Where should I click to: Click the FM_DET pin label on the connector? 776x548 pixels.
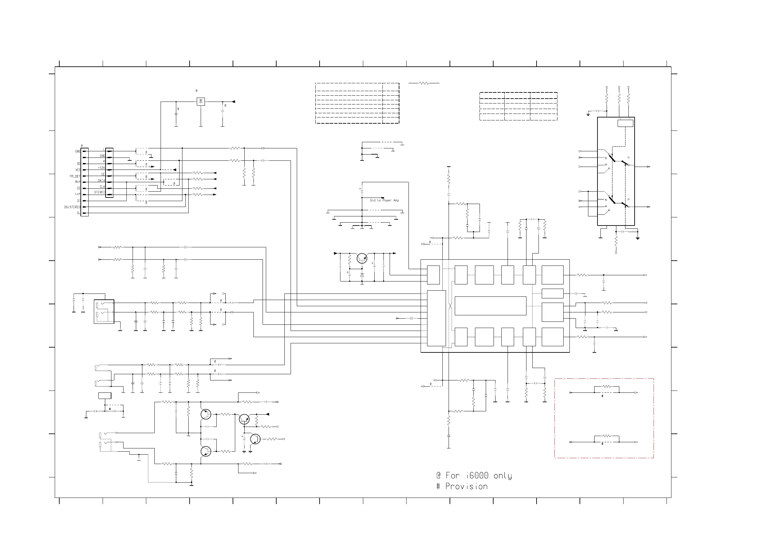(75, 176)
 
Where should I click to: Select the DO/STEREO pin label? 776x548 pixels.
(72, 207)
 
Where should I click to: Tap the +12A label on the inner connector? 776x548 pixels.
(101, 168)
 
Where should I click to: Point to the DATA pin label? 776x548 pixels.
(101, 181)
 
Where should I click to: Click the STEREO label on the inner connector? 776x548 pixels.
(99, 192)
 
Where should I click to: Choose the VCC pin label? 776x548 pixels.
(78, 170)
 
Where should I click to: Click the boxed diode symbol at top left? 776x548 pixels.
(201, 101)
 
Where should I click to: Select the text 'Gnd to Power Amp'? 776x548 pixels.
(384, 200)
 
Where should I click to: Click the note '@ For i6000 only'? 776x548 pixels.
(474, 476)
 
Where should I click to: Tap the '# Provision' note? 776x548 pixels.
(462, 486)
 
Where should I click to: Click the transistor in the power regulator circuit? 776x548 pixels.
(362, 259)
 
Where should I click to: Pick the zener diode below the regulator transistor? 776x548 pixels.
(362, 275)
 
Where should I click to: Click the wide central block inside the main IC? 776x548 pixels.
(490, 306)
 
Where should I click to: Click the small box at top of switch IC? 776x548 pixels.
(625, 123)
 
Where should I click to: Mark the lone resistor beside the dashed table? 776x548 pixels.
(424, 83)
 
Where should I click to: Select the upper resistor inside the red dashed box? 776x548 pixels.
(607, 387)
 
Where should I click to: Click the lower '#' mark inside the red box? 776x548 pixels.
(602, 444)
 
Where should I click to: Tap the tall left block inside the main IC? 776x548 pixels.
(436, 318)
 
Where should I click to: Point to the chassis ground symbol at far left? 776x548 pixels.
(87, 418)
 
